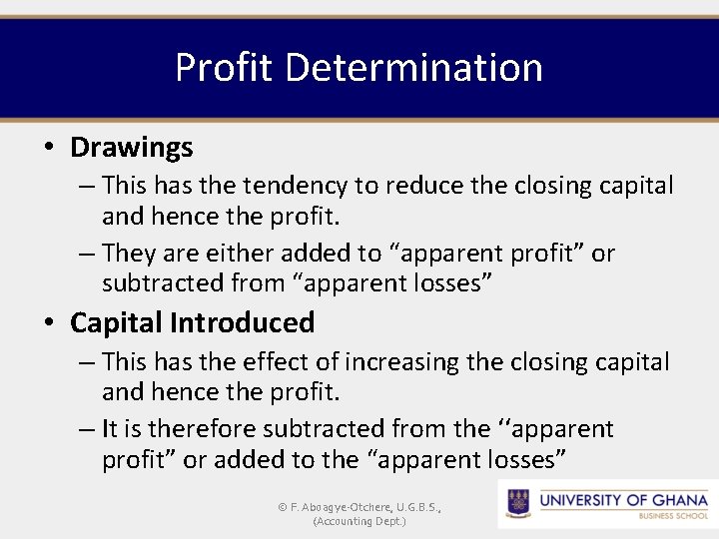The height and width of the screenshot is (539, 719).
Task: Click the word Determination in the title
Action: click(413, 68)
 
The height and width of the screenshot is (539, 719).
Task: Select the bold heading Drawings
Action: click(131, 148)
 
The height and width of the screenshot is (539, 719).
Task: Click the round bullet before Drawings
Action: click(49, 148)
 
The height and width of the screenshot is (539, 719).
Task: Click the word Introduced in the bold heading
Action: click(242, 322)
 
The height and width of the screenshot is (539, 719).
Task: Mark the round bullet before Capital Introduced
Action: click(49, 323)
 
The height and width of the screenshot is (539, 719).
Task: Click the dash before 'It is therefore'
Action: click(87, 429)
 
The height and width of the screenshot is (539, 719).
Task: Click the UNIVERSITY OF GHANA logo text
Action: click(623, 499)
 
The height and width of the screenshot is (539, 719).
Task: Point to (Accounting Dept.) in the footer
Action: click(359, 521)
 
